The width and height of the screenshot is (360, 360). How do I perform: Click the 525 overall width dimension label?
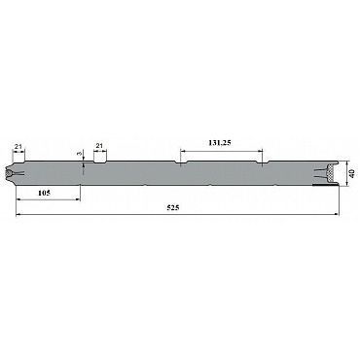click(x=173, y=208)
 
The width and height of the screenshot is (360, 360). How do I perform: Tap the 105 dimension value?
click(x=44, y=193)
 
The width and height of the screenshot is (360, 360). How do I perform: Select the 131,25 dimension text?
click(x=220, y=143)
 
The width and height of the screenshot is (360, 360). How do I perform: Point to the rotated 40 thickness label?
click(x=352, y=173)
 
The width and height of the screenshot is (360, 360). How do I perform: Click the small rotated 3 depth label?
click(x=80, y=155)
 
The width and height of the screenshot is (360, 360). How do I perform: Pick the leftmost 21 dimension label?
click(x=18, y=146)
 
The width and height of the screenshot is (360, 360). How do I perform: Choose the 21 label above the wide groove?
click(x=99, y=146)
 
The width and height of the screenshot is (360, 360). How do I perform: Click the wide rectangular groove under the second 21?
click(x=99, y=162)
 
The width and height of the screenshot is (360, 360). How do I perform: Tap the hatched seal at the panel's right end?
click(x=331, y=174)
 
